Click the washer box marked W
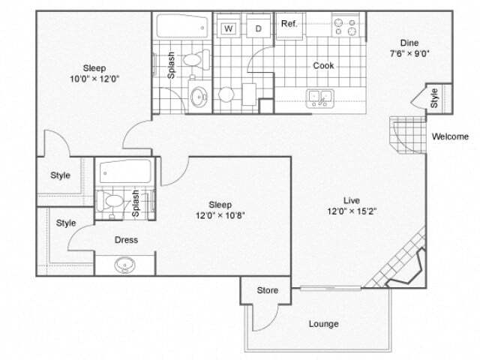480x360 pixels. [x=229, y=28]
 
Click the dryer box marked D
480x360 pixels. [x=258, y=28]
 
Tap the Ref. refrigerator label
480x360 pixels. [x=289, y=24]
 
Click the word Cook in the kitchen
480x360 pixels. [x=323, y=65]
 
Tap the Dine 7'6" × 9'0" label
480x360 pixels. [x=409, y=48]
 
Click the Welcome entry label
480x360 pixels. [x=451, y=136]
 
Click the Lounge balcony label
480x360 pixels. [x=323, y=324]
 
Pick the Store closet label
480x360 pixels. [x=268, y=290]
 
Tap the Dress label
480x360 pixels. [x=126, y=240]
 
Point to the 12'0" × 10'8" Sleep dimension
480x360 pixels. [x=220, y=215]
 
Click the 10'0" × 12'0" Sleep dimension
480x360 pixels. [x=94, y=77]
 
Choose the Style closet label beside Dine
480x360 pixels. [x=434, y=98]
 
